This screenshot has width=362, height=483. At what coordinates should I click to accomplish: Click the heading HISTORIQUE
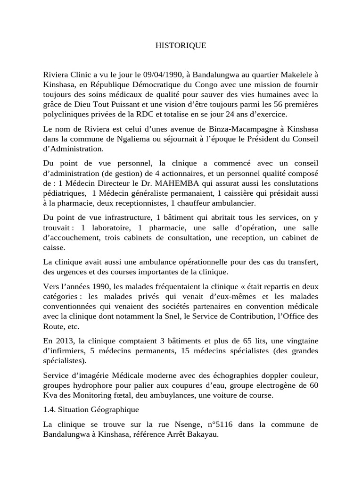(x=181, y=46)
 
